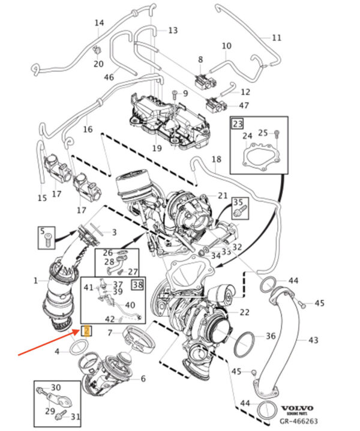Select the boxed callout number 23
[x=237, y=124]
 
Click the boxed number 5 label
[x=43, y=230]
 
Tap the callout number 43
[x=313, y=340]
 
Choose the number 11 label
[x=276, y=37]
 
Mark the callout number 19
[x=157, y=148]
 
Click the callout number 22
[x=244, y=312]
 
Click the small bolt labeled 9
[x=174, y=94]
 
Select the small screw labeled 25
[x=276, y=133]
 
